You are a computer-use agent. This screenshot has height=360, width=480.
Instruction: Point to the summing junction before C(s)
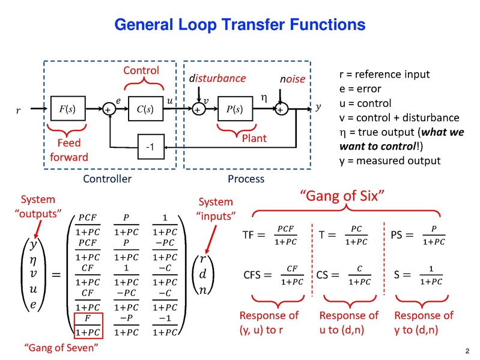click(109, 109)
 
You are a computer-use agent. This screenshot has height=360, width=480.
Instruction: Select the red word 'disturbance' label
click(217, 79)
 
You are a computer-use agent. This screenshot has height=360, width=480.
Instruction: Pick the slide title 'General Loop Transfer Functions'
click(239, 25)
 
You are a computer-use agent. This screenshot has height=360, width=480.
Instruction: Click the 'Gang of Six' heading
click(342, 196)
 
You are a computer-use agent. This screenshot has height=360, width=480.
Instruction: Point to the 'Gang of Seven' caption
click(61, 347)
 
